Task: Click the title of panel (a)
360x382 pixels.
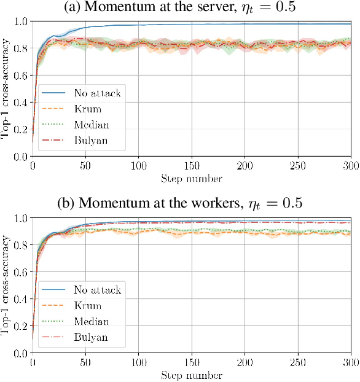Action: point(180,9)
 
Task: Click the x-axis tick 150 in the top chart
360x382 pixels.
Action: point(192,166)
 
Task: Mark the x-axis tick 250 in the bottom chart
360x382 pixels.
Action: point(298,363)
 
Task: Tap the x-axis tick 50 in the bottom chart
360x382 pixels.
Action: point(86,363)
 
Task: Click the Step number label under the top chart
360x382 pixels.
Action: point(192,179)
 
